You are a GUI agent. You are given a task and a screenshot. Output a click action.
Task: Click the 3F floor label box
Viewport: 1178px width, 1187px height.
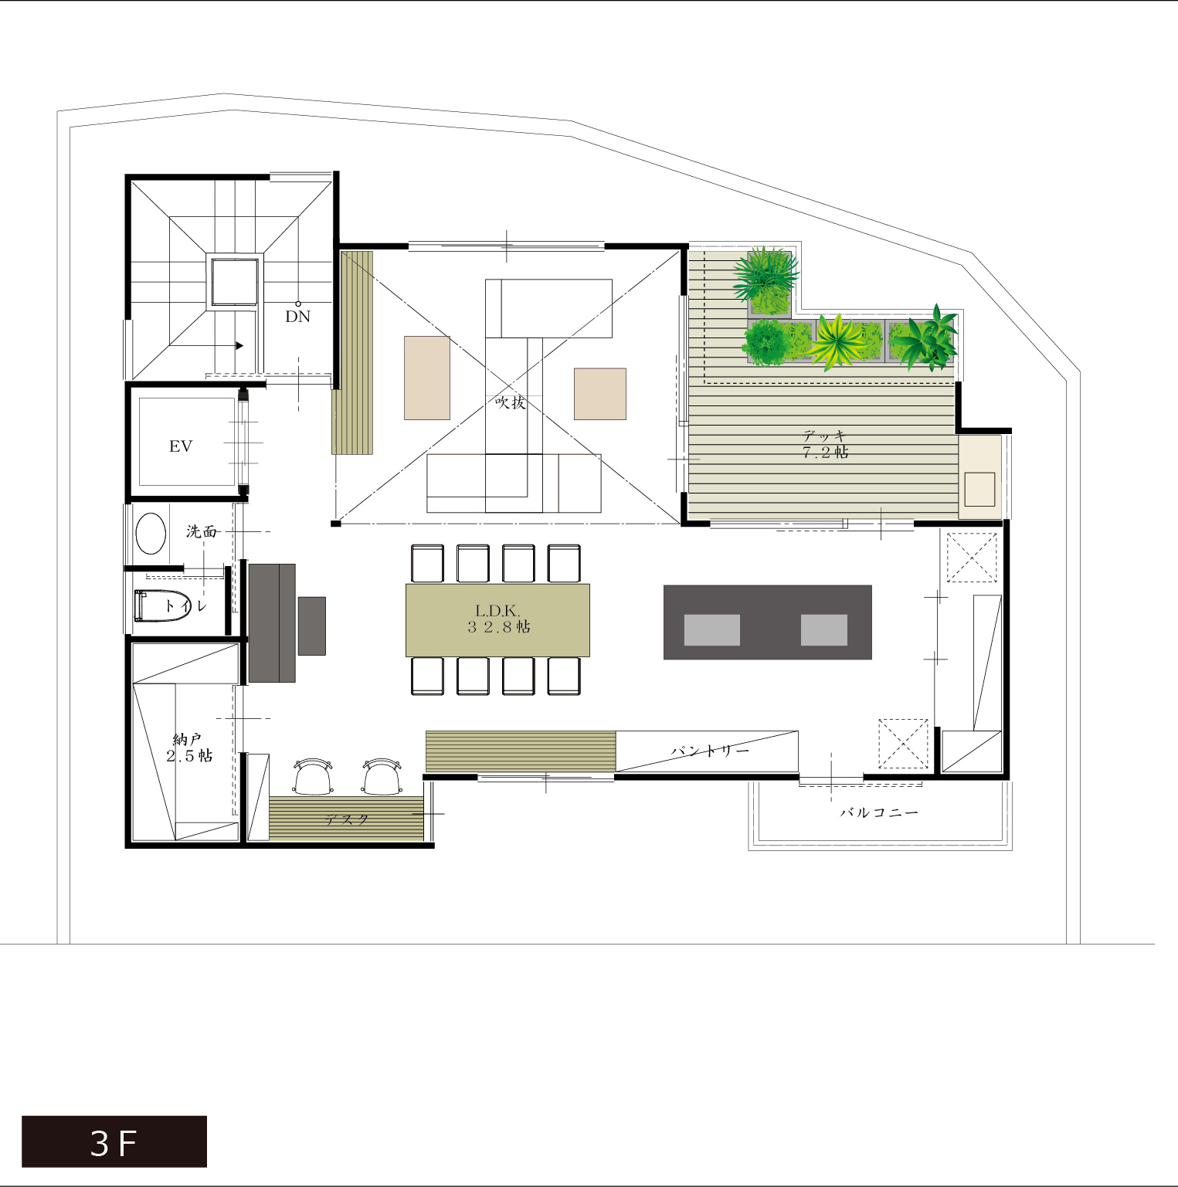pyautogui.click(x=114, y=1141)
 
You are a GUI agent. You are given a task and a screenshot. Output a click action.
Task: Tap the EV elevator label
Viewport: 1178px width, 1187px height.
pyautogui.click(x=180, y=446)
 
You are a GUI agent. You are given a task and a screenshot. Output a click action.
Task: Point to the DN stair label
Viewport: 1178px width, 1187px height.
pyautogui.click(x=297, y=316)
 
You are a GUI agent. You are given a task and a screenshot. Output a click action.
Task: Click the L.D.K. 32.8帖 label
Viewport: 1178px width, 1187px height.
pyautogui.click(x=498, y=619)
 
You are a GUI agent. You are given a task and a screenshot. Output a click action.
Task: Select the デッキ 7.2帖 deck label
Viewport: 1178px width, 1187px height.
pyautogui.click(x=825, y=444)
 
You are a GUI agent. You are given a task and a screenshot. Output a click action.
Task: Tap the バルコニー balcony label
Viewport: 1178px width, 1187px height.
pyautogui.click(x=879, y=812)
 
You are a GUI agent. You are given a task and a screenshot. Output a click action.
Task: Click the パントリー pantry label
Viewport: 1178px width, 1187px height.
pyautogui.click(x=710, y=751)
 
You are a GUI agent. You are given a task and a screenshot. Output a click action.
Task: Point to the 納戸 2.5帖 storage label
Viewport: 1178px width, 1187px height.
pyautogui.click(x=189, y=748)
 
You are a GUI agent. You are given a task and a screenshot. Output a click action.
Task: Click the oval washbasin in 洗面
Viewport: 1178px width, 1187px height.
pyautogui.click(x=151, y=534)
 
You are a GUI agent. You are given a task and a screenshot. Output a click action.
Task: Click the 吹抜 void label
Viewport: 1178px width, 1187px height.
pyautogui.click(x=511, y=402)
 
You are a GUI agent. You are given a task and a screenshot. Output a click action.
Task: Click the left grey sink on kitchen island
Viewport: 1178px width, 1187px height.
pyautogui.click(x=711, y=629)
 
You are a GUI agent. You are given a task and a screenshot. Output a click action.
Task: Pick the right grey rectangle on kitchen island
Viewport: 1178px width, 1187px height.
pyautogui.click(x=824, y=629)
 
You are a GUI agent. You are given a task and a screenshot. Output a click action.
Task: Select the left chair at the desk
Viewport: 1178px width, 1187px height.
pyautogui.click(x=313, y=777)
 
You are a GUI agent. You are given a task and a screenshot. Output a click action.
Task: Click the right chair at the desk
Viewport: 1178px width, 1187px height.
pyautogui.click(x=382, y=777)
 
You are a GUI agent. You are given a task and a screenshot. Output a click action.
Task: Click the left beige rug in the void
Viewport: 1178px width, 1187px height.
pyautogui.click(x=427, y=378)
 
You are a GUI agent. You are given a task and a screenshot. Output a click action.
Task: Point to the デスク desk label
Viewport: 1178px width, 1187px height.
pyautogui.click(x=347, y=819)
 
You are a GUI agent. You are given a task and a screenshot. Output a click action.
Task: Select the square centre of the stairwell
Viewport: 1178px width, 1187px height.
pyautogui.click(x=235, y=282)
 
